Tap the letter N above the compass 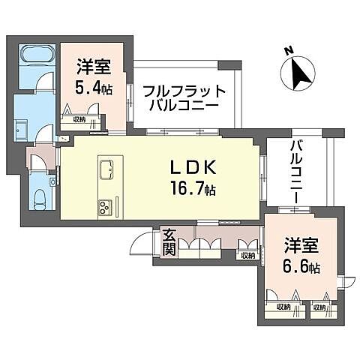pos(288,50)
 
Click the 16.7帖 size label pos(193,190)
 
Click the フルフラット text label pos(184,91)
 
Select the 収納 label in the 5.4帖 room pos(79,119)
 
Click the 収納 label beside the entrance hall pos(247,256)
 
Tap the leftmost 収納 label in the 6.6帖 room pos(283,307)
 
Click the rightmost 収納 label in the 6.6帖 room pos(321,307)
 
